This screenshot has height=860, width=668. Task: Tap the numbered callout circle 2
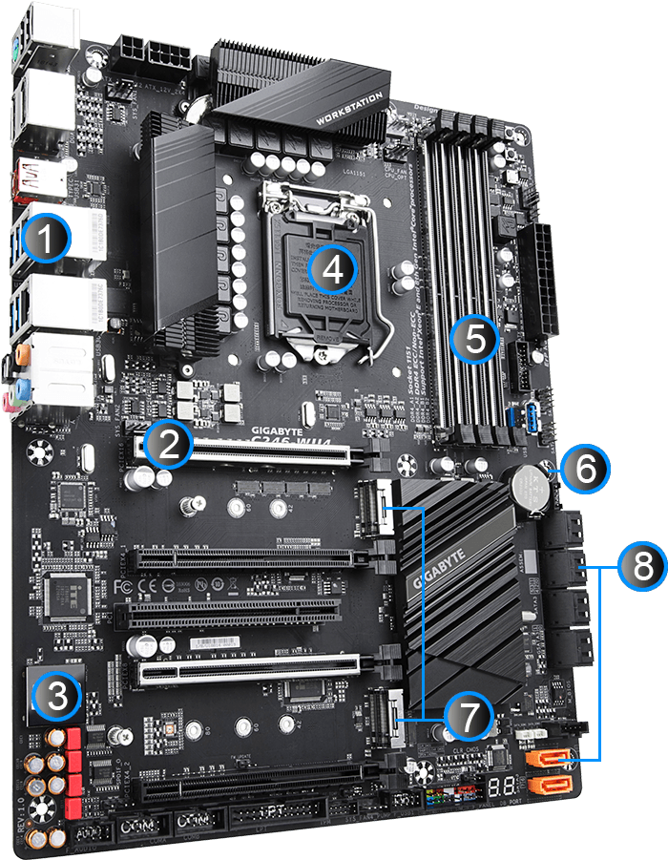click(169, 445)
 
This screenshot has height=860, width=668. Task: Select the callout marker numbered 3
click(56, 698)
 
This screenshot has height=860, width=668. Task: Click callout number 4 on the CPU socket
click(331, 268)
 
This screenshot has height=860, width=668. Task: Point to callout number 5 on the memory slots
click(474, 337)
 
